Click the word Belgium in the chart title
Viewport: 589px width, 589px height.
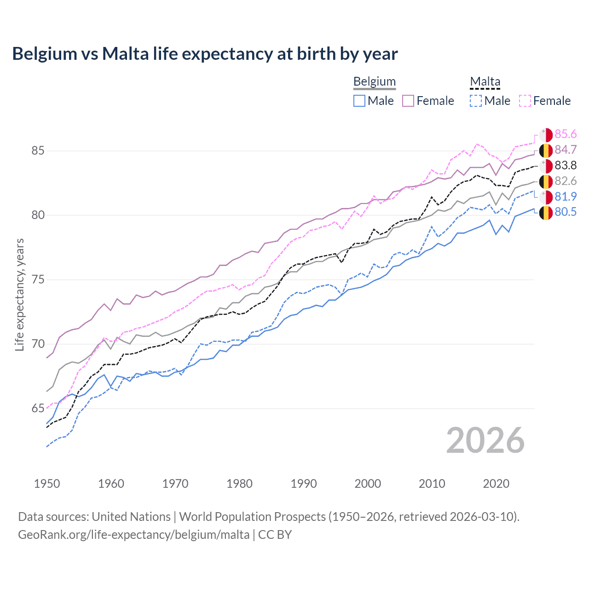pyautogui.click(x=45, y=54)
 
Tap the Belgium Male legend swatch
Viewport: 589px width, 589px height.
pyautogui.click(x=359, y=101)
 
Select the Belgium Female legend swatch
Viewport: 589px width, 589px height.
pyautogui.click(x=408, y=101)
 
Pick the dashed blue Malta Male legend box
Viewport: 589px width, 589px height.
pyautogui.click(x=476, y=101)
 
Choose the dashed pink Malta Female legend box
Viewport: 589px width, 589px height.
pyautogui.click(x=525, y=101)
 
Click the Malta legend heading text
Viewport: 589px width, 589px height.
pyautogui.click(x=485, y=81)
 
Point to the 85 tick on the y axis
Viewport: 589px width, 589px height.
pyautogui.click(x=38, y=151)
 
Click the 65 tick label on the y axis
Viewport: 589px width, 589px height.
pyautogui.click(x=38, y=409)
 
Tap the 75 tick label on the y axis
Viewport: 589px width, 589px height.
pyautogui.click(x=38, y=280)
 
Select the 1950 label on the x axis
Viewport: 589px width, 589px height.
pyautogui.click(x=47, y=484)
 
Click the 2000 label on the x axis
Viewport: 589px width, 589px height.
pyautogui.click(x=368, y=484)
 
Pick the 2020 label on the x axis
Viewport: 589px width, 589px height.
pyautogui.click(x=496, y=484)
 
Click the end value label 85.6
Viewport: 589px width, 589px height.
pyautogui.click(x=566, y=134)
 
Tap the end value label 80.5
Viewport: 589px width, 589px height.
pyautogui.click(x=566, y=212)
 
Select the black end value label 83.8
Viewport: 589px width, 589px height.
pyautogui.click(x=566, y=165)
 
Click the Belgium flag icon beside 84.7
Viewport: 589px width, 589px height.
pyautogui.click(x=546, y=150)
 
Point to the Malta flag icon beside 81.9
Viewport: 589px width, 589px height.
pyautogui.click(x=546, y=197)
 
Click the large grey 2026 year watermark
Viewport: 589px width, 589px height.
pyautogui.click(x=485, y=440)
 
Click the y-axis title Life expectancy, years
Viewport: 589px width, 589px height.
pyautogui.click(x=20, y=294)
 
